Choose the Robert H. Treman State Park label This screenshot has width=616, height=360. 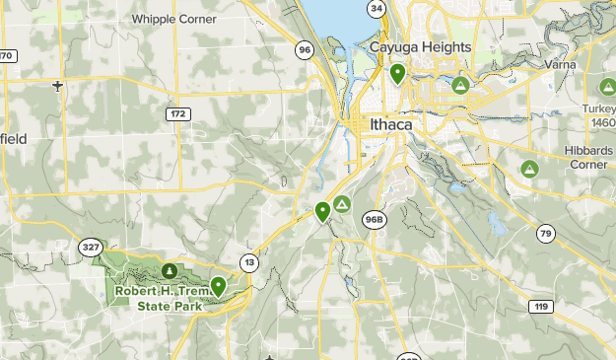(158, 298)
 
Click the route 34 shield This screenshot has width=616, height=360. (376, 9)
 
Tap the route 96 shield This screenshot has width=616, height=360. (305, 50)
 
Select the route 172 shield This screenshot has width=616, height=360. (176, 114)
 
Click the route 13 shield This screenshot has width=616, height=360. (249, 262)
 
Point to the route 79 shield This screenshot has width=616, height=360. (546, 233)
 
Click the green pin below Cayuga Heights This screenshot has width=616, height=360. (397, 73)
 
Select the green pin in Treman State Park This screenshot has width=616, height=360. (218, 286)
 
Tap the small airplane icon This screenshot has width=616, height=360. (58, 86)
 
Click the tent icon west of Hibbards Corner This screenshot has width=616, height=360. (529, 169)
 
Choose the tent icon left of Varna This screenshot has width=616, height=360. (460, 86)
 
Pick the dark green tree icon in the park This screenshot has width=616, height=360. (170, 269)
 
